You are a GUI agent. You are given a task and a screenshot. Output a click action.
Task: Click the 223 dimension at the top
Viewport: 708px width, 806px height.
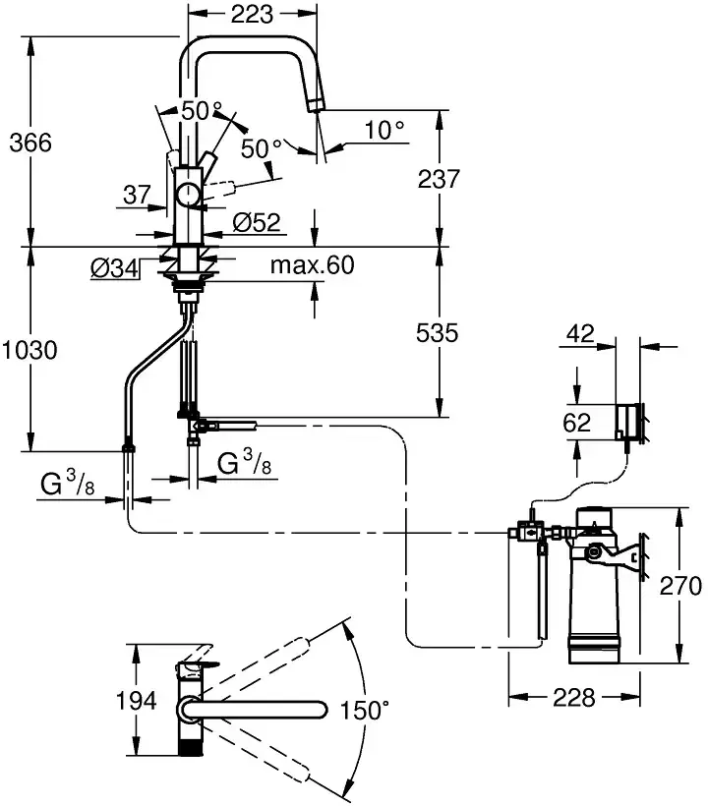coord(253,14)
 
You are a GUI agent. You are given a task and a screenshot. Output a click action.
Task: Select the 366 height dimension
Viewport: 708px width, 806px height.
coord(30,142)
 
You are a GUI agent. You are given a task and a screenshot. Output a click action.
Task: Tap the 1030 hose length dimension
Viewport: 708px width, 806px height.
coord(30,349)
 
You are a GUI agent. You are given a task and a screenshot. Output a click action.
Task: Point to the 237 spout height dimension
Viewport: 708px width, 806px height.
coord(438,180)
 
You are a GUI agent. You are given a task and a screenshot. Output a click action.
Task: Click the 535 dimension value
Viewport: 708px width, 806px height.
coord(438,333)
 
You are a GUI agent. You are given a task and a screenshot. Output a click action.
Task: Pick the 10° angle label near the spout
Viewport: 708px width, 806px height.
coord(383,130)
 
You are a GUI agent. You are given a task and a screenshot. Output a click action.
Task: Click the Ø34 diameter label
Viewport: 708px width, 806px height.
coord(113,265)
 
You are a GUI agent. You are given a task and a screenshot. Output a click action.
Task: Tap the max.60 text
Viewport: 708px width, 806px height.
coord(312,265)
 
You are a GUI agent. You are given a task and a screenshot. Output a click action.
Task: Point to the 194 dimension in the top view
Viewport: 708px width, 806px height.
coord(137,701)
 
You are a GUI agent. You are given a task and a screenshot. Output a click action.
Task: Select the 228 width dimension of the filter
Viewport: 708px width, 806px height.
coord(573,697)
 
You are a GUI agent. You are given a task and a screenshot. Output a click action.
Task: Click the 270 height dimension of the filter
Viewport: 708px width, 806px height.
coord(681,587)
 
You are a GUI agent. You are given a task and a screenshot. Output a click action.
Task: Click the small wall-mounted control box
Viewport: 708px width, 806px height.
coord(628,420)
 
